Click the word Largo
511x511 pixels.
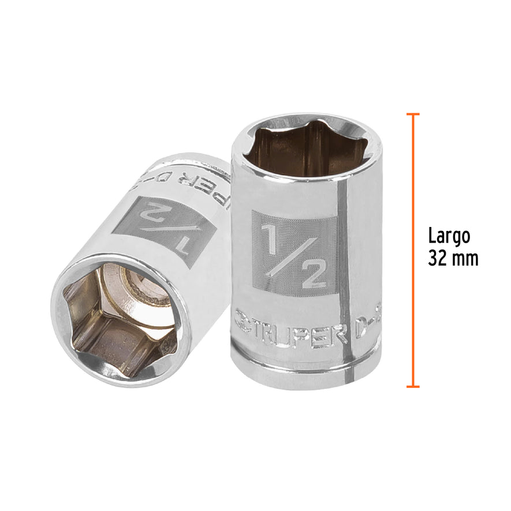click(x=449, y=236)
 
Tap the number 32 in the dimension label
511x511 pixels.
click(x=437, y=258)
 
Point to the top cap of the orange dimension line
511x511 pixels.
click(x=412, y=114)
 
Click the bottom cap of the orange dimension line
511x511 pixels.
click(x=412, y=386)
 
